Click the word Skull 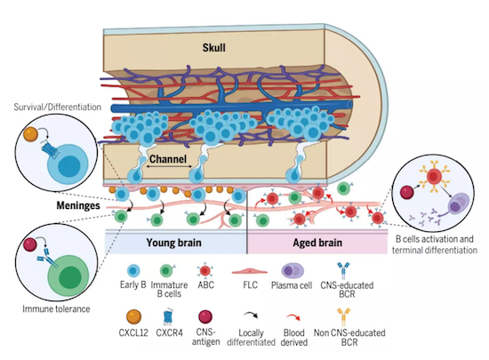click(213, 48)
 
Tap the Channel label click(168, 159)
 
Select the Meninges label click(78, 205)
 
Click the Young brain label click(173, 243)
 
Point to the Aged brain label click(317, 243)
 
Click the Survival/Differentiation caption click(58, 107)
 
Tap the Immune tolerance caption click(56, 308)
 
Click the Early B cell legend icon click(133, 271)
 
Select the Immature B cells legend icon click(167, 271)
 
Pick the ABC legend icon click(204, 271)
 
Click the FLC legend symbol click(250, 271)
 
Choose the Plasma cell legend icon click(293, 271)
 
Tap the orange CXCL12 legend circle click(133, 317)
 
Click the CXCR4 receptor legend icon click(169, 317)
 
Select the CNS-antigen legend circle click(205, 317)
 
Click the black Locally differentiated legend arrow click(252, 315)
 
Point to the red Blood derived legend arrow click(293, 317)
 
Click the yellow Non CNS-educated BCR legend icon click(343, 317)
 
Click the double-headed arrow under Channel click(169, 167)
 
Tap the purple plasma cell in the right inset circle click(459, 204)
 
